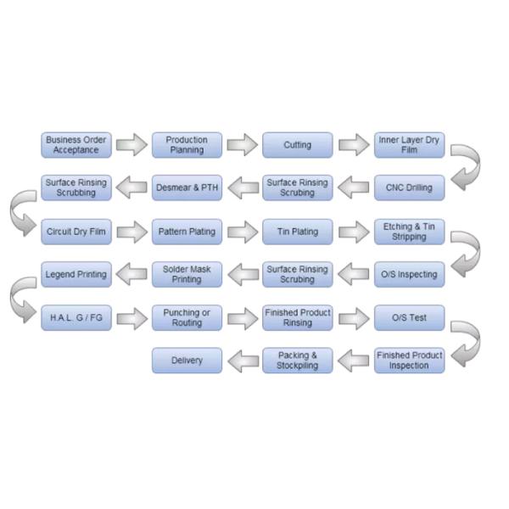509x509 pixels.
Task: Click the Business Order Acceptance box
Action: coord(76,145)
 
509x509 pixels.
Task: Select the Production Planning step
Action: coord(187,145)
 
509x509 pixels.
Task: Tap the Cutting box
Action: coord(297,145)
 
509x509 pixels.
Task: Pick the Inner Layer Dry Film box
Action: coord(409,145)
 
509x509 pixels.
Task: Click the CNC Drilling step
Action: coord(409,187)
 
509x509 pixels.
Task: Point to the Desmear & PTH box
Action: coord(187,187)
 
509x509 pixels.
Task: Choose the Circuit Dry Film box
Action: coord(76,231)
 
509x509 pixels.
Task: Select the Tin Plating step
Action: coord(297,231)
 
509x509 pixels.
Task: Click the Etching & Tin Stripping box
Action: coord(409,231)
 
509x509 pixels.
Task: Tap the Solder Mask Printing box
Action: coord(187,274)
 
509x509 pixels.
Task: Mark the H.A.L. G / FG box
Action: coord(76,318)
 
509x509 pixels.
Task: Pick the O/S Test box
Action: coord(409,318)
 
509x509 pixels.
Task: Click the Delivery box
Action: coord(187,361)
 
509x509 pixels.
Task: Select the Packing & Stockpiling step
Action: coord(297,361)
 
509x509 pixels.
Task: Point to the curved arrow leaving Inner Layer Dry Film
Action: coord(466,166)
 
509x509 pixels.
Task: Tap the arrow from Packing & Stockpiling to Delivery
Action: coord(242,361)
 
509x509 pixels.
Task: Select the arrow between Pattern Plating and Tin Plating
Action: coord(242,231)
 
